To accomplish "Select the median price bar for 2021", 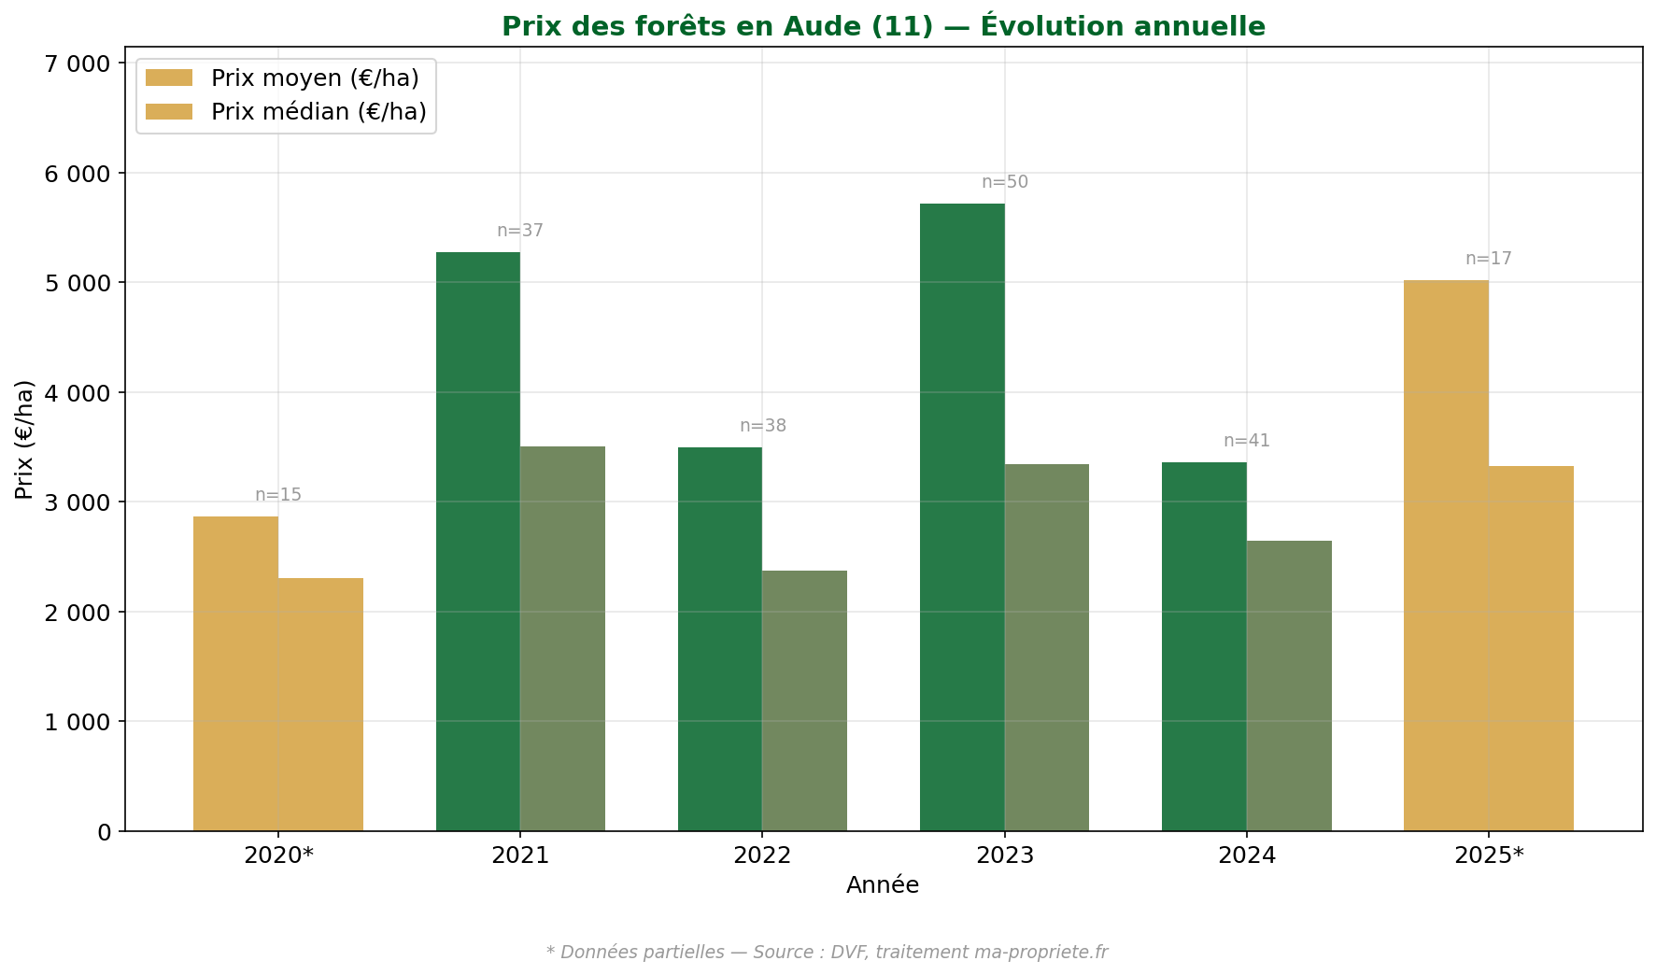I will [x=562, y=639].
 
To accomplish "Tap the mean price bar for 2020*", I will [x=235, y=673].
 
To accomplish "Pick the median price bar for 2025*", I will [x=1531, y=648].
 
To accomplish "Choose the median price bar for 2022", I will [x=804, y=700].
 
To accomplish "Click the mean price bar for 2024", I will [x=1204, y=646].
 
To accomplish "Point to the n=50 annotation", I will [x=1004, y=182].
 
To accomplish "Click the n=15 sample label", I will [x=278, y=495].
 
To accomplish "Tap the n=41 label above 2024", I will [x=1247, y=441].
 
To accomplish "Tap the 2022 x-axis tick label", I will [x=762, y=855].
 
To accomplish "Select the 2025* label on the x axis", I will [x=1489, y=855].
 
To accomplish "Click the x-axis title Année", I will [x=883, y=885].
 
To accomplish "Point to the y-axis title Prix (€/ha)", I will [x=24, y=439].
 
